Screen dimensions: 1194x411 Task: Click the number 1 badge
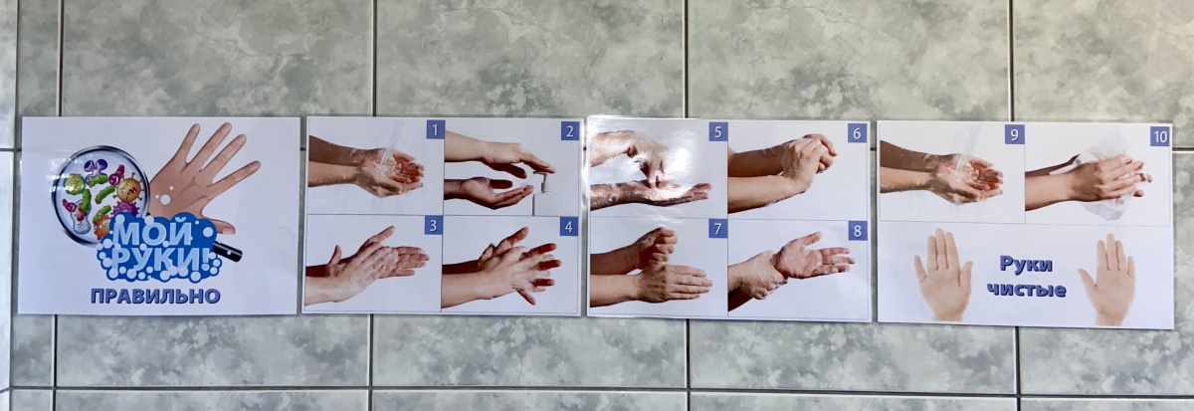[x=436, y=129]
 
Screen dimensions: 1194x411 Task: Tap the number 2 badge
[x=570, y=131]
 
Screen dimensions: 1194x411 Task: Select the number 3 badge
[x=434, y=226]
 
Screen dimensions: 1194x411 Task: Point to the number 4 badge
[x=569, y=227]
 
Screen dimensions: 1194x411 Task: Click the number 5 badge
[x=718, y=131]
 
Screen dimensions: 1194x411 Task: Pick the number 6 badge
[x=857, y=133]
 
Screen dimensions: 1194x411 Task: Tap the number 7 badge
[x=717, y=229]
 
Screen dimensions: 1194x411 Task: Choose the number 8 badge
[x=857, y=231]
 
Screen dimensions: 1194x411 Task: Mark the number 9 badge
[x=1014, y=134]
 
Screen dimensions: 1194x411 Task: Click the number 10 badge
[x=1160, y=137]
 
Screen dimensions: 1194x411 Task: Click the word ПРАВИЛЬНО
[x=155, y=296]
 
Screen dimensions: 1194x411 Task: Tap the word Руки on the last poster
[x=1026, y=265]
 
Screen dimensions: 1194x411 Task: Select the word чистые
[x=1026, y=290]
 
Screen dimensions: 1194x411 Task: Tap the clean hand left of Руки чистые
[x=942, y=274]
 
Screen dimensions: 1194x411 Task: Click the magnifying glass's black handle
[x=229, y=252]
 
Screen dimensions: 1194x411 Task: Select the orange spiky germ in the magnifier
[x=129, y=188]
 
